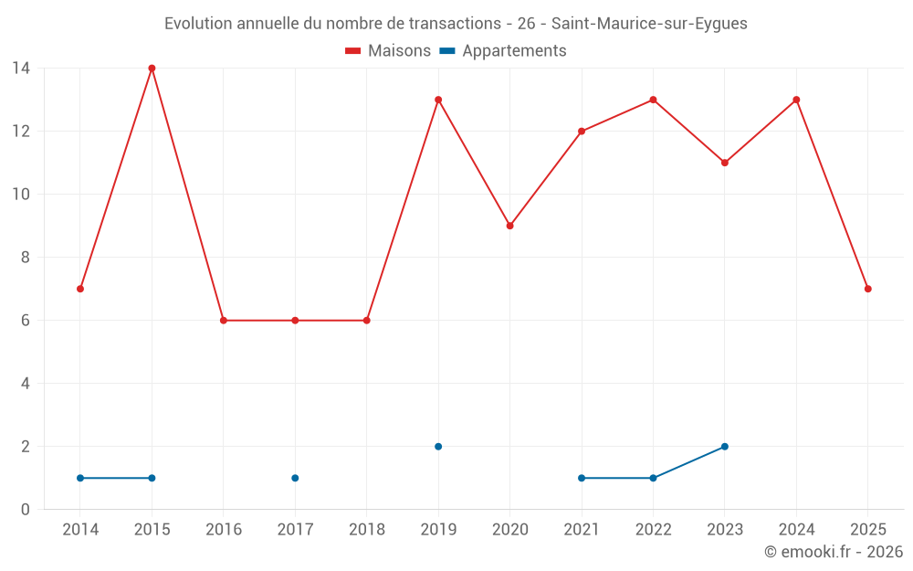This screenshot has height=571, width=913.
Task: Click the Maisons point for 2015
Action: pyautogui.click(x=152, y=68)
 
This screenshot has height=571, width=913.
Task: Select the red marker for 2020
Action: pyautogui.click(x=509, y=226)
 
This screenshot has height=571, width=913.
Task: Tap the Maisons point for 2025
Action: pyautogui.click(x=868, y=289)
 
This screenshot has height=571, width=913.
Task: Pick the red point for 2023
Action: pyautogui.click(x=725, y=163)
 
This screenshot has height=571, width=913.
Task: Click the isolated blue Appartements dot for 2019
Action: pyautogui.click(x=438, y=447)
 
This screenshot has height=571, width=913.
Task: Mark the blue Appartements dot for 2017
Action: pyautogui.click(x=295, y=478)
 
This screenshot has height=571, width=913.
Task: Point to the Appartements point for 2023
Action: pyautogui.click(x=725, y=447)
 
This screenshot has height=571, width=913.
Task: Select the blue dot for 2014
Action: pyautogui.click(x=80, y=478)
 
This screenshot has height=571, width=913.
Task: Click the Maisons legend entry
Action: pyautogui.click(x=388, y=51)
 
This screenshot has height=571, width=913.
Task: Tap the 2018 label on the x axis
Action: pyautogui.click(x=366, y=530)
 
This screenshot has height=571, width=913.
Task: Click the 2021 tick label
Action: pyautogui.click(x=582, y=530)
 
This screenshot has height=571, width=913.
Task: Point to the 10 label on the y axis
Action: pyautogui.click(x=21, y=194)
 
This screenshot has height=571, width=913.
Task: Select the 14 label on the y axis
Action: pyautogui.click(x=21, y=68)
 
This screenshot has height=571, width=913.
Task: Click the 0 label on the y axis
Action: pyautogui.click(x=26, y=510)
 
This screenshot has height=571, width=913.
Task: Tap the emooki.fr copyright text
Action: pyautogui.click(x=833, y=552)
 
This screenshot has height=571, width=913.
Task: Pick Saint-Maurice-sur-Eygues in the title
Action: pyautogui.click(x=649, y=24)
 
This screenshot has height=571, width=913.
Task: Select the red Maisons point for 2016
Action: pyautogui.click(x=224, y=321)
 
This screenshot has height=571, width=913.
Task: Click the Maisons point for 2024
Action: pyautogui.click(x=796, y=100)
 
